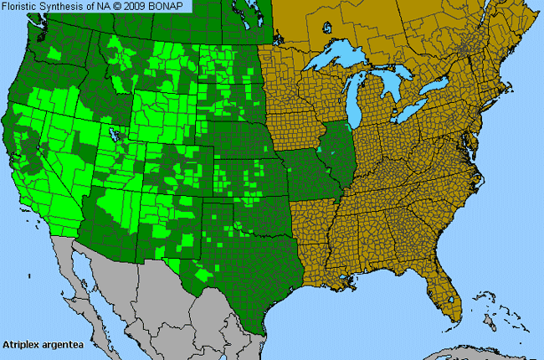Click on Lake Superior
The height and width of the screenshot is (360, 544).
(335, 64)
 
